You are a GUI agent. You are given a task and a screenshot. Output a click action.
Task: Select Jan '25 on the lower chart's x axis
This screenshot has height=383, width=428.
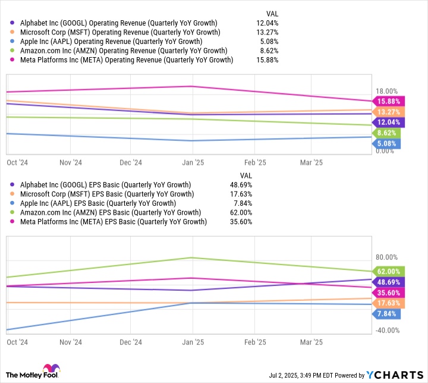tap(191, 343)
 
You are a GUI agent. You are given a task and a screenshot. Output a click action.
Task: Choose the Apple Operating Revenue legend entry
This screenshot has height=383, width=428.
tap(111, 42)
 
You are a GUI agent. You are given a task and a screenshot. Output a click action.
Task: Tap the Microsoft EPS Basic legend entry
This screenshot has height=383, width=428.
tap(106, 194)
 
